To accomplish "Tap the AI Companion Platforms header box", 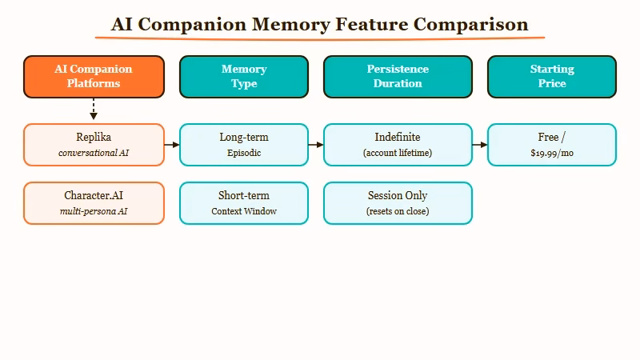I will click(x=94, y=76).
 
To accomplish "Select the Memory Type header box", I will click(x=244, y=76).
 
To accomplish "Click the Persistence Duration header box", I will click(x=398, y=76).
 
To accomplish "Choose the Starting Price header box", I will click(x=552, y=76).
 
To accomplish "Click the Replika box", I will click(x=94, y=145).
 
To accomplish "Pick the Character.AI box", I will click(x=94, y=203).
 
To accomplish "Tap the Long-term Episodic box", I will click(x=244, y=145).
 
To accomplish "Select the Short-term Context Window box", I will click(x=244, y=203).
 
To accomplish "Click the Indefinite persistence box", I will click(x=398, y=145).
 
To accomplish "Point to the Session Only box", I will click(x=398, y=203).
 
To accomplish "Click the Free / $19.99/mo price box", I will click(x=552, y=145).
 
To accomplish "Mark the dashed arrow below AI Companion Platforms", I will click(x=94, y=110).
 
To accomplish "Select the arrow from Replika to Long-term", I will click(x=172, y=145).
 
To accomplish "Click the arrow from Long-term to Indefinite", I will click(x=316, y=145).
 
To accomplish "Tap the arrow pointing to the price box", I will click(x=480, y=145).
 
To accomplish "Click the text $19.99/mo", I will click(x=552, y=153).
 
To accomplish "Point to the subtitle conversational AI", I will click(x=94, y=153).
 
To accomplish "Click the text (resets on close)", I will click(x=398, y=211).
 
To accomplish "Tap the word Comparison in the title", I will click(x=471, y=24).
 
